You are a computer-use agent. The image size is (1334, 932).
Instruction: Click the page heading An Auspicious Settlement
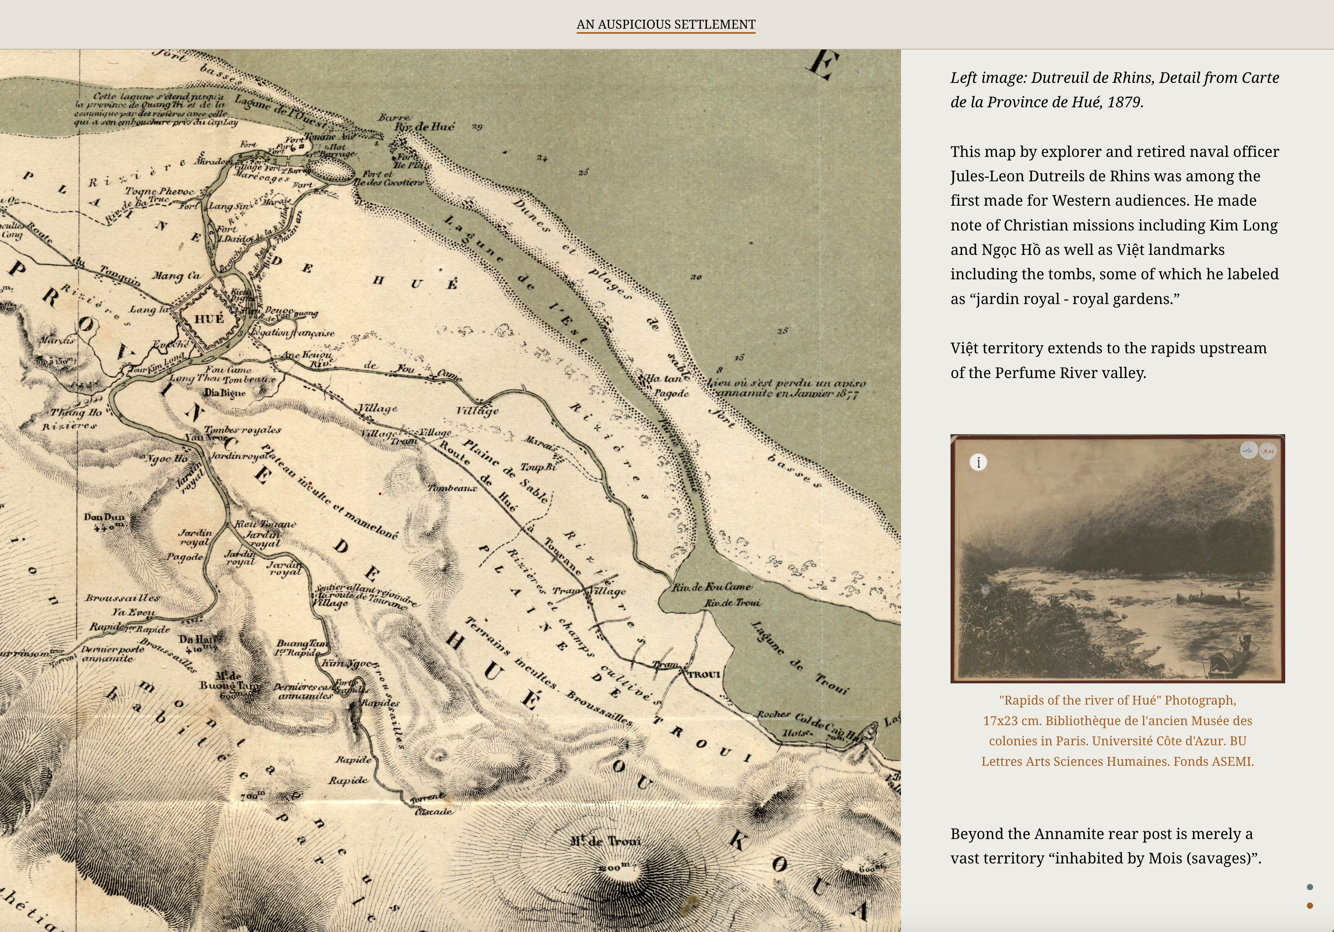pos(666,24)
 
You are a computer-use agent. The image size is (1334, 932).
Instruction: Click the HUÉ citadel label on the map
pos(209,319)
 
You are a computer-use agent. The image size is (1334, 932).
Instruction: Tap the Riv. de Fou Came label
pos(712,587)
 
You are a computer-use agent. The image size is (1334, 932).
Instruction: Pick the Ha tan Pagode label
pos(667,386)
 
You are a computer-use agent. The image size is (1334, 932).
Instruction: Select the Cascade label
pos(433,811)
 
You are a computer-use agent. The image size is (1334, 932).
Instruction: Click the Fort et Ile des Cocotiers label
pos(388,178)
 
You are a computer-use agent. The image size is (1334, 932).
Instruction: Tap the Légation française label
pos(294,333)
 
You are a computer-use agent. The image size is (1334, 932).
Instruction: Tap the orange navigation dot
pos(1310,905)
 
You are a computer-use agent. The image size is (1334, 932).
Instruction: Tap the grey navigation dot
pos(1310,887)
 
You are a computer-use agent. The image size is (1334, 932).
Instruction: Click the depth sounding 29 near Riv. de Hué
pos(477,127)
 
